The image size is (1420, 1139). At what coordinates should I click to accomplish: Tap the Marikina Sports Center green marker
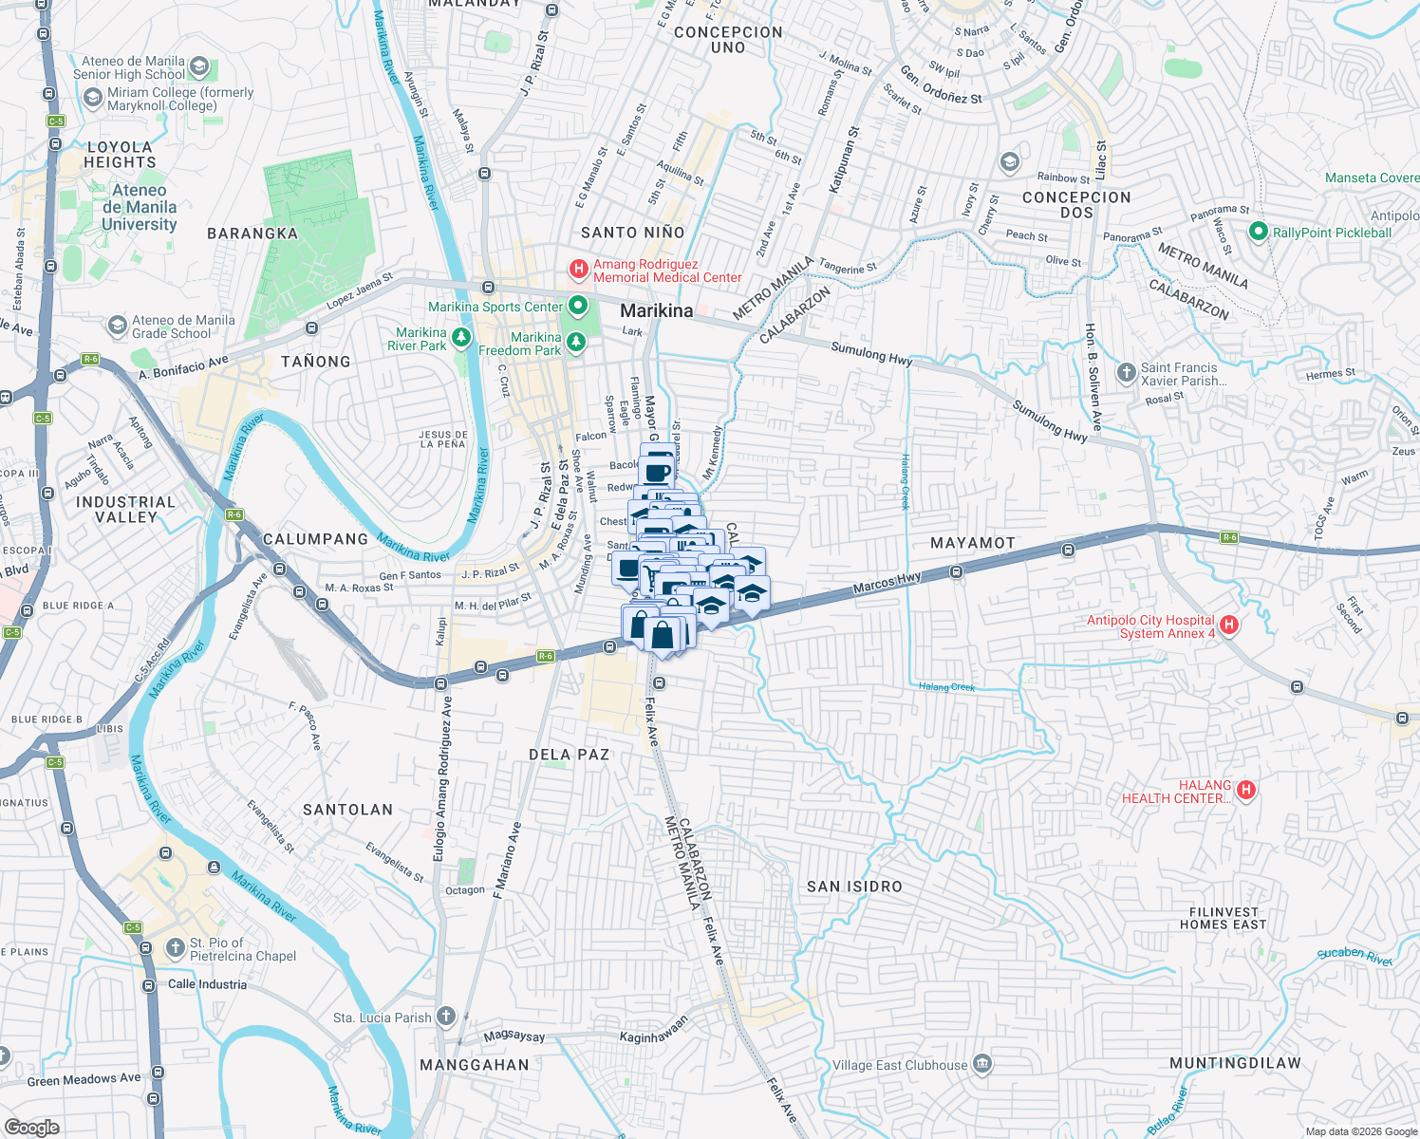point(577,306)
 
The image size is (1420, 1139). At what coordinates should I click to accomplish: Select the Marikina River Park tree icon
point(461,338)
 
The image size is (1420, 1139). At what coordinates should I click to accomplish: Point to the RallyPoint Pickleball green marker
point(1259,232)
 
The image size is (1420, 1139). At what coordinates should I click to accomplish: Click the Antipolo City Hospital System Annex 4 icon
point(1229,625)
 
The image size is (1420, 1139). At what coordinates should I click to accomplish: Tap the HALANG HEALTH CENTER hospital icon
point(1246,790)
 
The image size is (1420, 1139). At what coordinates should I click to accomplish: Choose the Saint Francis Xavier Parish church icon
point(1126,373)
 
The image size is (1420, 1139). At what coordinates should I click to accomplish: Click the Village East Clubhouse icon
point(982,1062)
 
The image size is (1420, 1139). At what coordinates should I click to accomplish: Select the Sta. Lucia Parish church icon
point(446,1017)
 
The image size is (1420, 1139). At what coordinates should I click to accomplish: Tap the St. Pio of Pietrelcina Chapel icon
point(175,948)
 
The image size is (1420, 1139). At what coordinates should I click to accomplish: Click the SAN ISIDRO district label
point(854,887)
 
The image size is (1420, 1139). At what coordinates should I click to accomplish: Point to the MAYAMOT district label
point(973,543)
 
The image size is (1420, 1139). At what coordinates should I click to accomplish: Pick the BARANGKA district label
point(252,233)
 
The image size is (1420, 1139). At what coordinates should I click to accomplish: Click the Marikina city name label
point(656,310)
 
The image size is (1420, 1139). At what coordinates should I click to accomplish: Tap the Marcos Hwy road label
point(887,582)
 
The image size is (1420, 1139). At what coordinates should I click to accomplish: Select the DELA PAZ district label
point(569,755)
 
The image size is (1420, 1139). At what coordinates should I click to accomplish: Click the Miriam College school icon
point(92,98)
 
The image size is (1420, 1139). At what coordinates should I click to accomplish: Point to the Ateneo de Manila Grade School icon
point(117,327)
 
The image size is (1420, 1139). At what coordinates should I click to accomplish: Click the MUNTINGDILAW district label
point(1235,1063)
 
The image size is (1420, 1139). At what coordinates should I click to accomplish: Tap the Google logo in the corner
point(32,1127)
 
